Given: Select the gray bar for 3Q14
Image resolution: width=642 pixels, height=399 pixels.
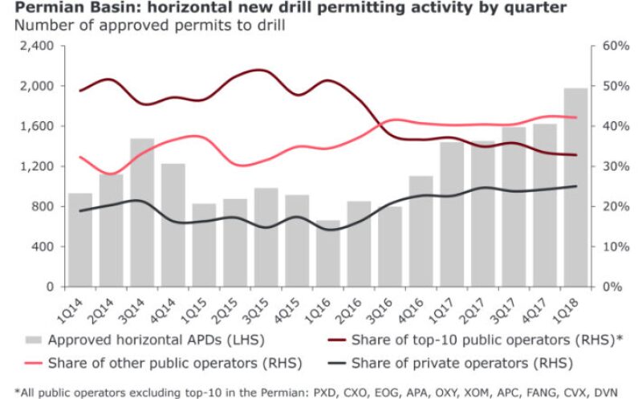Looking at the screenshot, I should point(142,212).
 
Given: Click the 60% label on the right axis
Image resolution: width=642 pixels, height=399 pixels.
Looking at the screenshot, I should point(606,46).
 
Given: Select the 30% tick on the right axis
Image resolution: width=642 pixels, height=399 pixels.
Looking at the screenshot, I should point(606,166).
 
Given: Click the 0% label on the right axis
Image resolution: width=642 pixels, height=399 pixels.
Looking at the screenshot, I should point(609,287).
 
